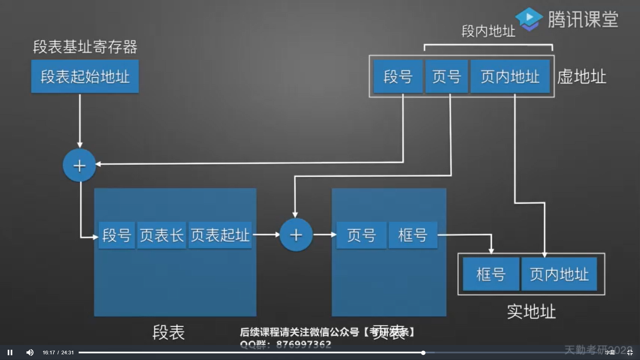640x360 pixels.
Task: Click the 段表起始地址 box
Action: coord(85,76)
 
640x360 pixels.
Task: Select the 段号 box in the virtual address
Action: coord(398,76)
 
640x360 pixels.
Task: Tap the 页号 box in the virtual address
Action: coord(446,76)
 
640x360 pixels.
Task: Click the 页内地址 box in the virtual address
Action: coord(510,76)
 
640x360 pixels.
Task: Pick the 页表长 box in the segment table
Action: coord(161,235)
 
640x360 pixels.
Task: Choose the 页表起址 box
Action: coord(220,235)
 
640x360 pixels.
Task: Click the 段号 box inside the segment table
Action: coord(117,235)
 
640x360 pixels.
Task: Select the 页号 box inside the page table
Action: coord(361,235)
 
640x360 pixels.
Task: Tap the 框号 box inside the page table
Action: coord(413,235)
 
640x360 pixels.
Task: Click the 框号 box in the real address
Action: coord(491,274)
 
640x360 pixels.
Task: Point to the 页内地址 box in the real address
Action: coord(559,274)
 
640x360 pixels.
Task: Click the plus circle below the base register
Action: coord(79,165)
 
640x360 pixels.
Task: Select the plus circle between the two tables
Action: coord(296,235)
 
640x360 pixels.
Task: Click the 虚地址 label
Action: coord(582,77)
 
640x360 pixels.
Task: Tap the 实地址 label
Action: coord(531,311)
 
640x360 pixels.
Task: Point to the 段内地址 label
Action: coord(488,31)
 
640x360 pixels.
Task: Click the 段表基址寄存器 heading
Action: coord(85,47)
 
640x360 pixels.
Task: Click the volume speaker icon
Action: coord(30,352)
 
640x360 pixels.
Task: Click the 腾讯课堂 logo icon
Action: coord(529,19)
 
